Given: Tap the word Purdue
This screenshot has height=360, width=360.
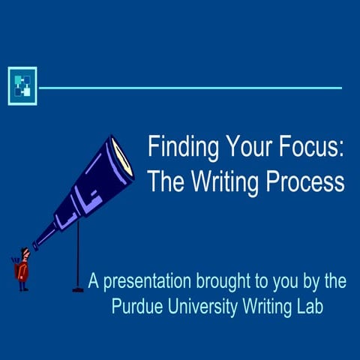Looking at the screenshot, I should coord(137,306).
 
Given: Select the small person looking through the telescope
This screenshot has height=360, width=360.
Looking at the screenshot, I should coord(22,266).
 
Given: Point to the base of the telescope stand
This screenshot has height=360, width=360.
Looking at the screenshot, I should coord(76,289).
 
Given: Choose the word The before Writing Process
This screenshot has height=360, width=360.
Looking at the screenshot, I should coord(160,181).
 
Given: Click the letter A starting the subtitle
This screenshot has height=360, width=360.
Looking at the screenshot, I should coord(94,283).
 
